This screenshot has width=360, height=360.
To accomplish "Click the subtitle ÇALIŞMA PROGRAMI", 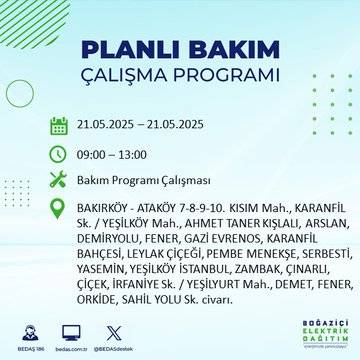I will pos(180,78).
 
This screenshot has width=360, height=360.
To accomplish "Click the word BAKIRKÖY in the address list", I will pos(102,209).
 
